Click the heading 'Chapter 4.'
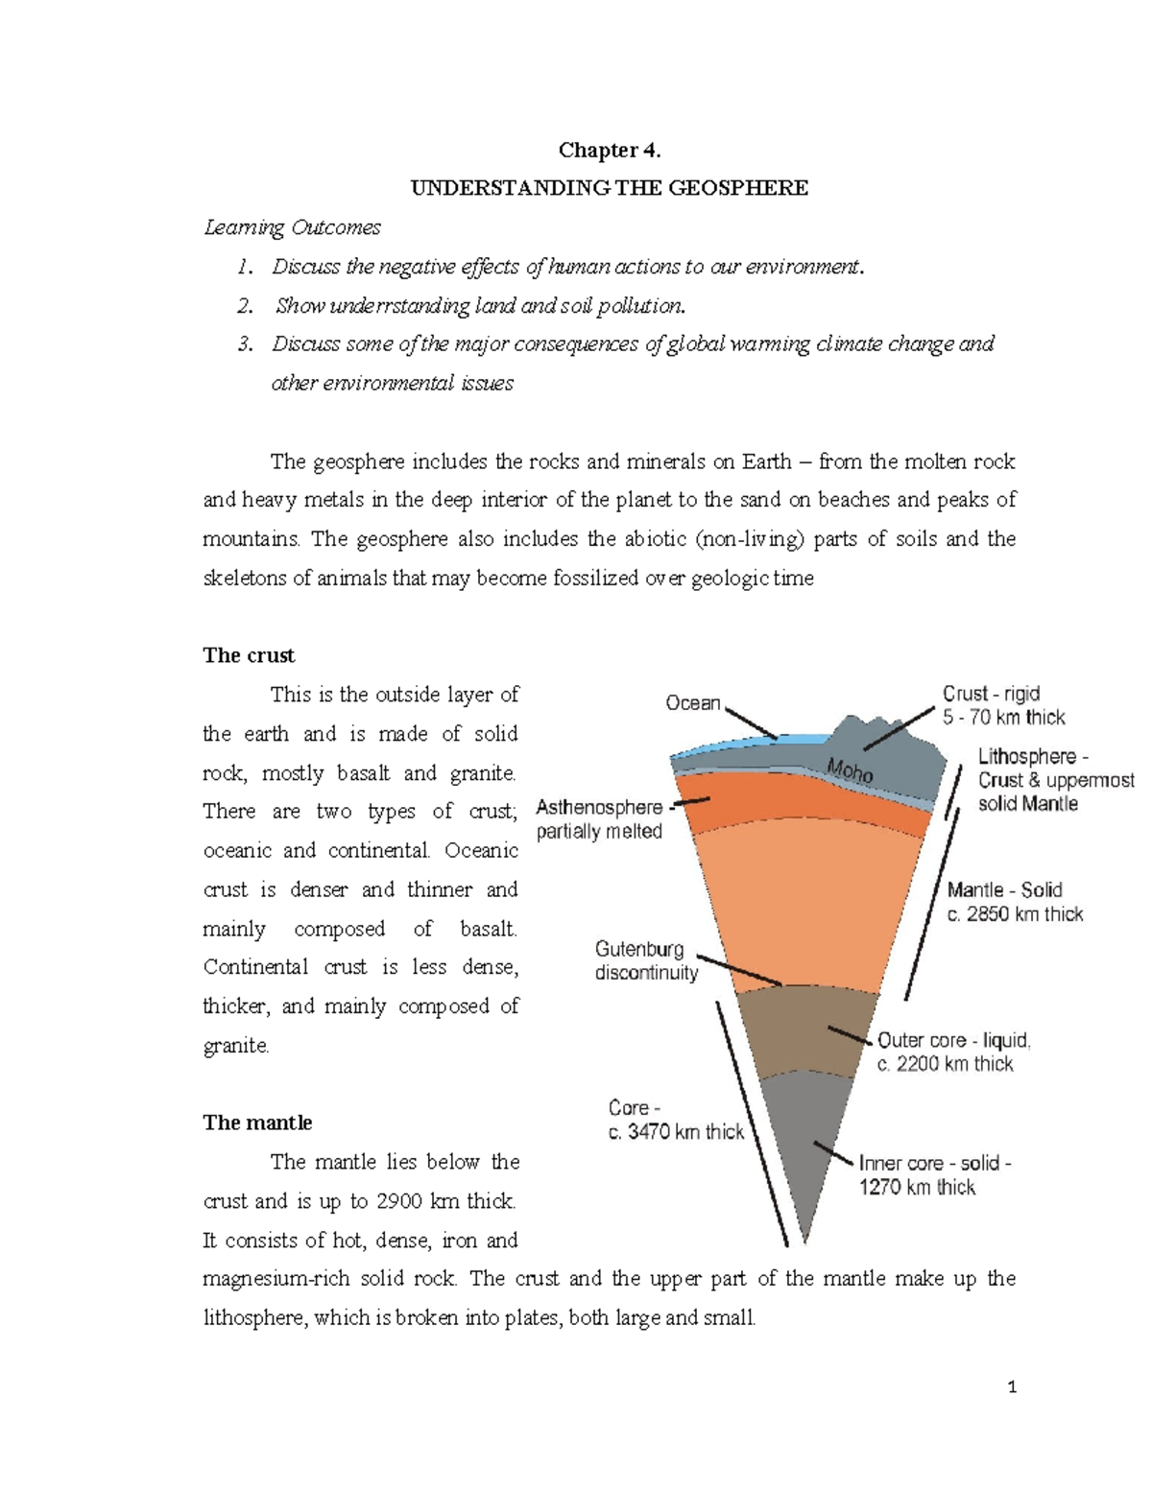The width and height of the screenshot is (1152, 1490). pos(610,150)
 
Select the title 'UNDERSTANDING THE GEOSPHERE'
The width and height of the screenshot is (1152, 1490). pos(610,188)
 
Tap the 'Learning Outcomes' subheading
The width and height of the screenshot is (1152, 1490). pos(292,227)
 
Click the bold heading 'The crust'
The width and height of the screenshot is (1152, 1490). pos(249,655)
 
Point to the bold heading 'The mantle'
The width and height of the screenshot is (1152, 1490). pos(257,1123)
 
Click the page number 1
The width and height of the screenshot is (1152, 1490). pos(1012,1386)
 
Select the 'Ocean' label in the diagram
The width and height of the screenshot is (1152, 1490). pos(692,703)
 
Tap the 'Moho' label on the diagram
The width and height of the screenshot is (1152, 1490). pos(850,769)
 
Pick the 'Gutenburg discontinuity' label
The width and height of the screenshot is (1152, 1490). pos(646,960)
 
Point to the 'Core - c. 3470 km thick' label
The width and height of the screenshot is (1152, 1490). pos(676,1120)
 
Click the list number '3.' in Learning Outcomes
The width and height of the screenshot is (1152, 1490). pos(245,343)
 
